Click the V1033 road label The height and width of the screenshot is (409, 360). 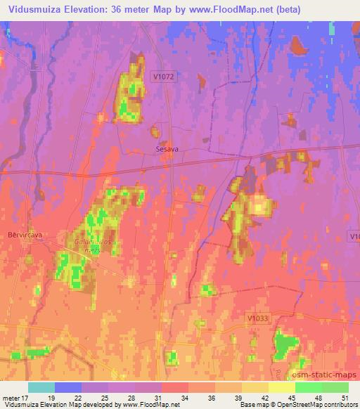coord(258,318)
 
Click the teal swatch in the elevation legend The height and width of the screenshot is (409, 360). coord(41,387)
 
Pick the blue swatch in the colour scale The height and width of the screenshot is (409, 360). coord(68,387)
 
